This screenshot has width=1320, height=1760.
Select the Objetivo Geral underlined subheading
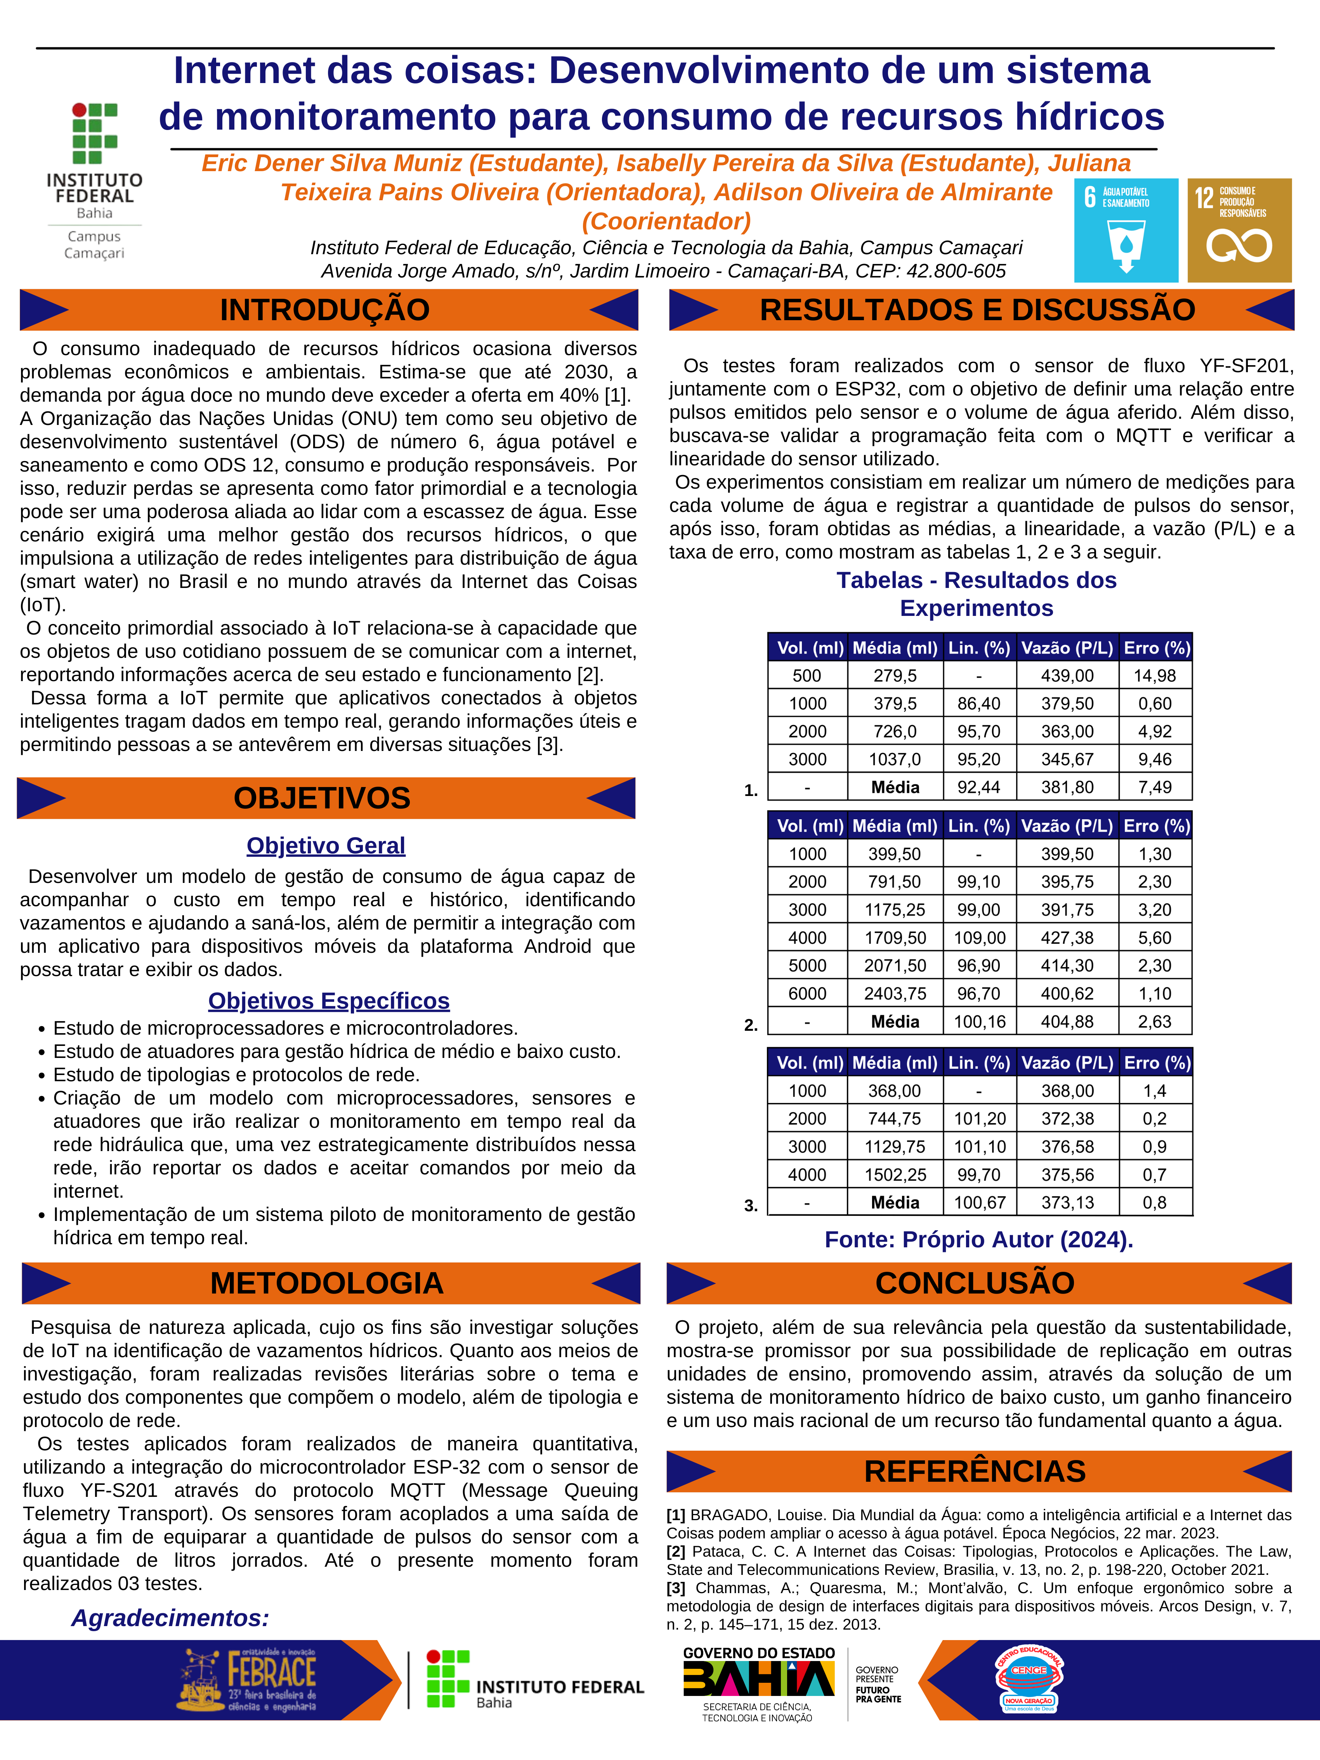(x=325, y=846)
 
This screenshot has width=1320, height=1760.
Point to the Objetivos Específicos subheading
(x=329, y=1001)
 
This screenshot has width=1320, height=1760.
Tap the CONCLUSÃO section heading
(x=975, y=1283)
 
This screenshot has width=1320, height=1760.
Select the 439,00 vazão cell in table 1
(x=1067, y=676)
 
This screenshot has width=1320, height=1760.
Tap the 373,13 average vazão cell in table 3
(x=1067, y=1202)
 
